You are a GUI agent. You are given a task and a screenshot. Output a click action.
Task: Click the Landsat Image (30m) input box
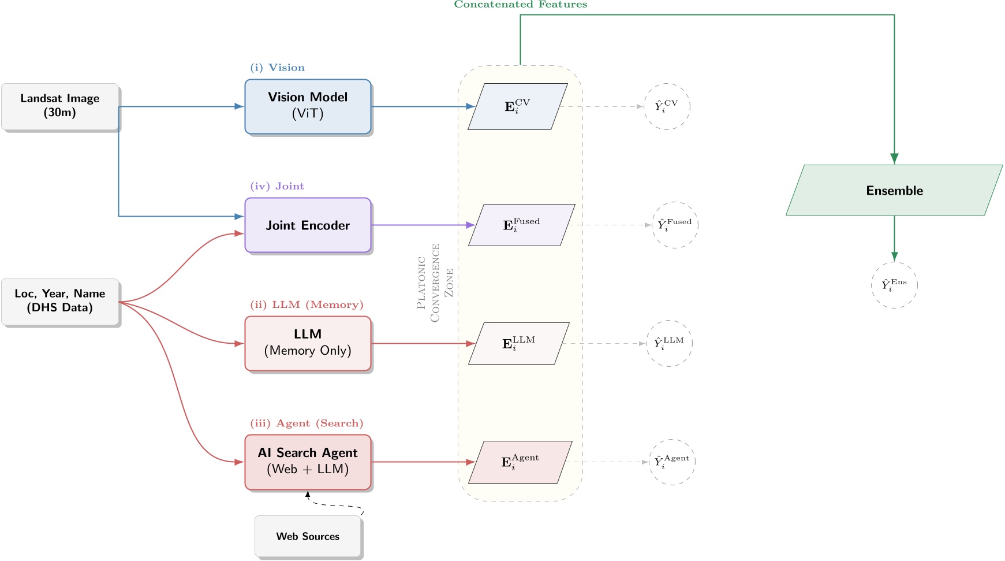coord(60,106)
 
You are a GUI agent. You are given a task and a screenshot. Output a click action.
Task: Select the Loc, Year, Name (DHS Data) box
coord(60,302)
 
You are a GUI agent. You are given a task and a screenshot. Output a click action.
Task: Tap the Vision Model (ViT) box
coord(308,106)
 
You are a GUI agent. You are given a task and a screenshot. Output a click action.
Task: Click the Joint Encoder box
coord(308,225)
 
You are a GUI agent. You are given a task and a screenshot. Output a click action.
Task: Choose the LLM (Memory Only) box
coord(308,343)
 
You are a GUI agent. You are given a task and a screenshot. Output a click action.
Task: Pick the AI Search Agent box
coord(308,462)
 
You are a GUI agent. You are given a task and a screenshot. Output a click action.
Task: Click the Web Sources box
coord(308,536)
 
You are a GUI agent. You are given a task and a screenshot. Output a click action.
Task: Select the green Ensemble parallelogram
coord(894,190)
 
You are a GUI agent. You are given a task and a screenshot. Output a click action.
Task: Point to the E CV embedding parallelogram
coord(517,106)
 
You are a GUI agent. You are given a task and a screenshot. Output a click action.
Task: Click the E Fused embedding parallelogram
coord(521,225)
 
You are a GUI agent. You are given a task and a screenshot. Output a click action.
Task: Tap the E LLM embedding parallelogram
coord(518,343)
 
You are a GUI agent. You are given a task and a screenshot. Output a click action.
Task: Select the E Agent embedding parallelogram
coord(520,462)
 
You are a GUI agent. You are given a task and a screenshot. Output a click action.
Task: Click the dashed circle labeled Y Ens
coord(894,285)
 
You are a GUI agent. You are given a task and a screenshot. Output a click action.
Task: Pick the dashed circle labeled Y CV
coord(667,106)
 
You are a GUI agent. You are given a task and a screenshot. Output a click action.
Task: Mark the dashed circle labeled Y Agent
coord(672,462)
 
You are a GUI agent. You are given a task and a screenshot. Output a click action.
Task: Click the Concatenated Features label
coord(520,5)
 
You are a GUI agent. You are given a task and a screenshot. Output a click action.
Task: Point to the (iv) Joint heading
coord(277,186)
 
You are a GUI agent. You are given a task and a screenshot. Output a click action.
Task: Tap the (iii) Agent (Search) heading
coord(307,423)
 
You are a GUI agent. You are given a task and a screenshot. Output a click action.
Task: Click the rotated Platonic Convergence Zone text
coord(435,283)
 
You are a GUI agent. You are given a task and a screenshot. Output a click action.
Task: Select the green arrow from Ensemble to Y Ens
coord(894,238)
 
